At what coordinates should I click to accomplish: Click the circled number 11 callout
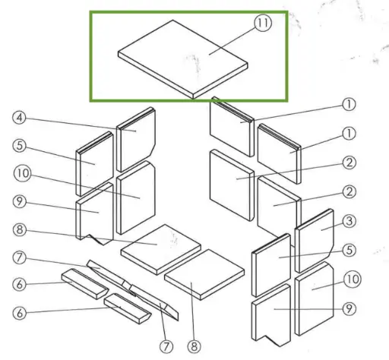click(262, 23)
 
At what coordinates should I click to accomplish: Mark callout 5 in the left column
click(21, 144)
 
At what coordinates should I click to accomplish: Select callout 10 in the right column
click(350, 279)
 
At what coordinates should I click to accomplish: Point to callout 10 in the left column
click(21, 173)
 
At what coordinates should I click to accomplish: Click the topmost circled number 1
click(349, 104)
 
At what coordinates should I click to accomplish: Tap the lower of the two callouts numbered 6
click(21, 313)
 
